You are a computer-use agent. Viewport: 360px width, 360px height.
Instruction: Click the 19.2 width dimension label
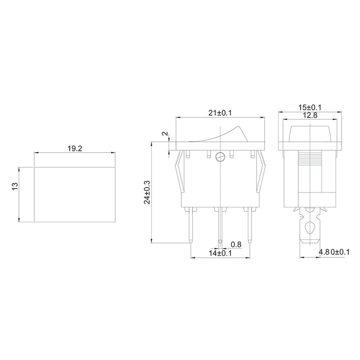pyautogui.click(x=74, y=148)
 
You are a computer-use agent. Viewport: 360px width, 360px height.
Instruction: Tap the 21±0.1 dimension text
pyautogui.click(x=220, y=113)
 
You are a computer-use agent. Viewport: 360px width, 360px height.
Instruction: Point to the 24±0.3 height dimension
pyautogui.click(x=147, y=193)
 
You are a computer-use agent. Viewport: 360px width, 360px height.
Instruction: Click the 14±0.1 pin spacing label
pyautogui.click(x=220, y=253)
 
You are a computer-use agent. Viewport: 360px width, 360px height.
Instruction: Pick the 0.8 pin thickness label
pyautogui.click(x=236, y=244)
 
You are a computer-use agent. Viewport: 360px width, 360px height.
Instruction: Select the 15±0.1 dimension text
pyautogui.click(x=310, y=108)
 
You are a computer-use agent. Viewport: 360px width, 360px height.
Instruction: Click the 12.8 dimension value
pyautogui.click(x=310, y=116)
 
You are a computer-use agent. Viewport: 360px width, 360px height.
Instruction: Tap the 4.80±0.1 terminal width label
pyautogui.click(x=333, y=252)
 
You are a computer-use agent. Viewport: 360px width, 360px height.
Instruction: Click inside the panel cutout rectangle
pyautogui.click(x=74, y=194)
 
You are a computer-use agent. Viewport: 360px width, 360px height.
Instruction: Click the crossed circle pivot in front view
pyautogui.click(x=220, y=157)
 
